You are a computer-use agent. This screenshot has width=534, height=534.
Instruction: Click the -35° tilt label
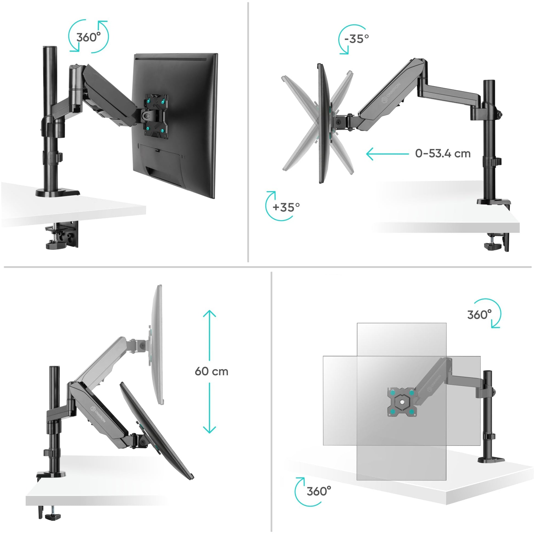click(x=356, y=39)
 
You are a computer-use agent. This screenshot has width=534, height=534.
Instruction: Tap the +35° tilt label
click(x=286, y=207)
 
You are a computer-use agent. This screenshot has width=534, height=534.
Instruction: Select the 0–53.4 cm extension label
click(x=443, y=153)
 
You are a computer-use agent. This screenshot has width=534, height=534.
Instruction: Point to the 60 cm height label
click(x=212, y=372)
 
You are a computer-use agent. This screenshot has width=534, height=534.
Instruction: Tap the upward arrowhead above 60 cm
click(x=209, y=314)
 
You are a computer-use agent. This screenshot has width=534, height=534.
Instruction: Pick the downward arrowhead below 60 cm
click(x=209, y=437)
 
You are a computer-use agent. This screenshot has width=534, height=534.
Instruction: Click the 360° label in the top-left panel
click(x=88, y=37)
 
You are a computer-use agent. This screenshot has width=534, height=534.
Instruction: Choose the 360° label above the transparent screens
click(x=479, y=315)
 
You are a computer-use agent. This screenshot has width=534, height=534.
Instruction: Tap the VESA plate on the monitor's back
click(x=155, y=115)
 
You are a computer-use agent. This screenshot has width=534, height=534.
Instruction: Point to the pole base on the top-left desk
click(x=58, y=193)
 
